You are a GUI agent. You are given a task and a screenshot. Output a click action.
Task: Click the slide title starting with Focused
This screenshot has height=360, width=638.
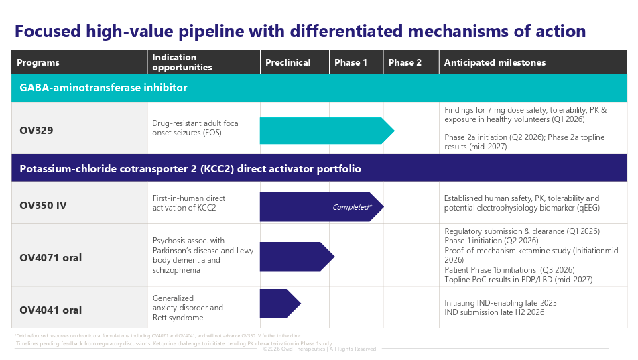pyautogui.click(x=300, y=31)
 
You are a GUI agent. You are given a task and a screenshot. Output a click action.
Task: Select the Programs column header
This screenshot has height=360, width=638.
pyautogui.click(x=38, y=62)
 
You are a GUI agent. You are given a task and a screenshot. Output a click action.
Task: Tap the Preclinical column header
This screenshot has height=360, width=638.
pyautogui.click(x=288, y=62)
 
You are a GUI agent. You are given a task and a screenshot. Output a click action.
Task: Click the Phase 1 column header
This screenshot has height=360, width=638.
pyautogui.click(x=350, y=62)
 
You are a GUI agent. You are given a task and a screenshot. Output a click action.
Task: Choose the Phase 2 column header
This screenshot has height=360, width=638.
pyautogui.click(x=405, y=62)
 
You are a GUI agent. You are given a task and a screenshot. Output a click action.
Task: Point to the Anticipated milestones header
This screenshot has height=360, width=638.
pyautogui.click(x=495, y=62)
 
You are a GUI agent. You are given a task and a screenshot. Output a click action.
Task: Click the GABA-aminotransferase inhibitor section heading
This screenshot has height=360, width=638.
pyautogui.click(x=103, y=88)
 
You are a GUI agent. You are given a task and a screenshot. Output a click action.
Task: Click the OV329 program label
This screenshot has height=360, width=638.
pyautogui.click(x=36, y=131)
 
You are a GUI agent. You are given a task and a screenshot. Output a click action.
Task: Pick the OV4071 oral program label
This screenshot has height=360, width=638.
pyautogui.click(x=50, y=257)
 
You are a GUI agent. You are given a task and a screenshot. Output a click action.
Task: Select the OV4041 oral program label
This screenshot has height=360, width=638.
pyautogui.click(x=50, y=310)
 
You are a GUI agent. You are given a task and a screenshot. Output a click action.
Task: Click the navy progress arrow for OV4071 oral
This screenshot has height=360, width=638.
pyautogui.click(x=295, y=257)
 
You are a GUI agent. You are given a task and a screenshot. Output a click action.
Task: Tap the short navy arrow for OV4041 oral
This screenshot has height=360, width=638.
pyautogui.click(x=279, y=304)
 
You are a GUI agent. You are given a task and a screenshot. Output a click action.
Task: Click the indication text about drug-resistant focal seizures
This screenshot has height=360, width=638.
pyautogui.click(x=196, y=128)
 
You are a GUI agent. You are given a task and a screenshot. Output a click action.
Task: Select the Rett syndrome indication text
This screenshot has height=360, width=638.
pyautogui.click(x=178, y=318)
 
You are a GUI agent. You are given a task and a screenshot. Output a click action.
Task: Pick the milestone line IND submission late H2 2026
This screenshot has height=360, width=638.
pyautogui.click(x=494, y=312)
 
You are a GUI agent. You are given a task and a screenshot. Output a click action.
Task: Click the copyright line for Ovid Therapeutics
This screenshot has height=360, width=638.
pyautogui.click(x=319, y=349)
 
